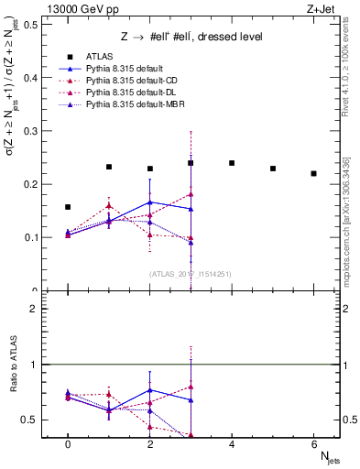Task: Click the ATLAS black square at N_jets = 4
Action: [232, 163]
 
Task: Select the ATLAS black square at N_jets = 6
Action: [314, 174]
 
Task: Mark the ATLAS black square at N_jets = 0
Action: [68, 207]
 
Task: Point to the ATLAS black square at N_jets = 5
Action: [273, 169]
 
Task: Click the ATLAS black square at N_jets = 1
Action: [109, 167]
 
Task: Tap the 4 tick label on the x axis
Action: [232, 443]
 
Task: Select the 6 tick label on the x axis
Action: [314, 443]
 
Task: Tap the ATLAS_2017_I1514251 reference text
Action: [191, 273]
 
